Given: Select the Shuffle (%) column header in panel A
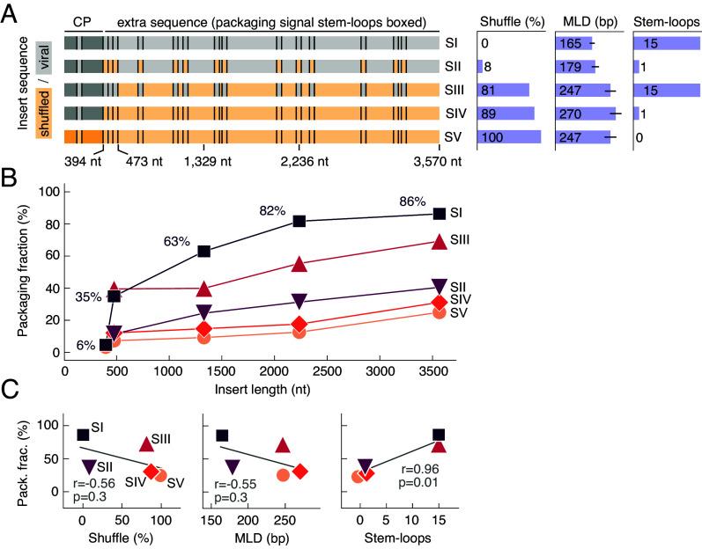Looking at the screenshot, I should pos(509,19).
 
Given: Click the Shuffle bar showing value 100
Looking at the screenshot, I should pos(508,135).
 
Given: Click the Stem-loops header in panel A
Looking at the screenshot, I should pos(667,19).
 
